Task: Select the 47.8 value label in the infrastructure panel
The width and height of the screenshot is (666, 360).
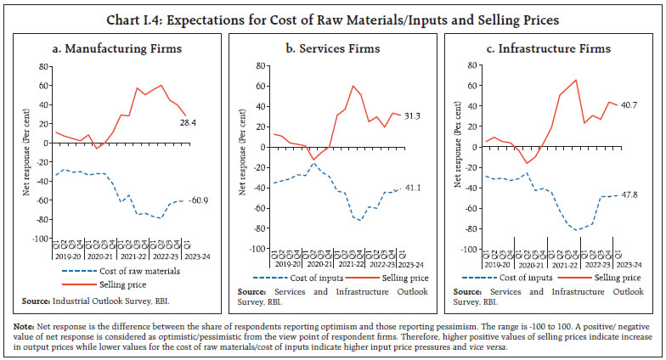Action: (630, 196)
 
